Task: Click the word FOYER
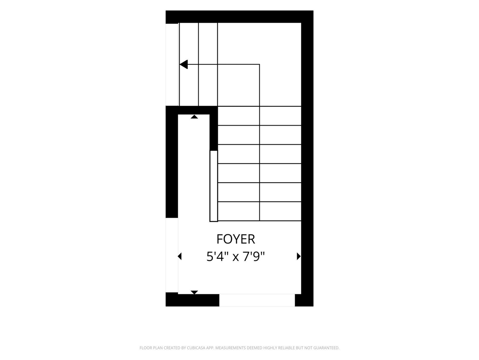tap(236, 239)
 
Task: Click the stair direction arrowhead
tap(184, 64)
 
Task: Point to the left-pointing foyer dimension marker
tap(180, 256)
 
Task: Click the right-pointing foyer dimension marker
tap(299, 256)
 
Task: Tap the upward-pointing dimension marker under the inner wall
tap(194, 117)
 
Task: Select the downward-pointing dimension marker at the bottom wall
tap(194, 292)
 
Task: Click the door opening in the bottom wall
tap(257, 300)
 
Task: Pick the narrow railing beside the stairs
tap(214, 186)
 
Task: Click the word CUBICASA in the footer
tap(196, 348)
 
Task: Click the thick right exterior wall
tap(307, 159)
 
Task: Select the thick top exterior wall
tap(239, 16)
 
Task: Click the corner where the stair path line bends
tap(259, 64)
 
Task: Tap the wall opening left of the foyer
tap(172, 255)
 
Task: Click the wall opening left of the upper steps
tap(172, 65)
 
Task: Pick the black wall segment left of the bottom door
tap(192, 300)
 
